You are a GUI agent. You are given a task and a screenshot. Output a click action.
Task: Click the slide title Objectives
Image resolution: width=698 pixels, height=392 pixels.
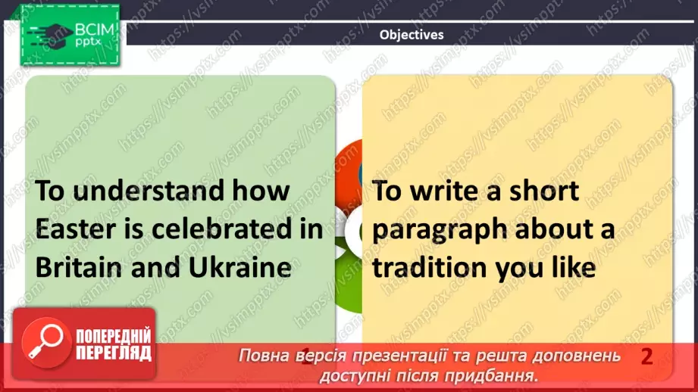[x=412, y=34]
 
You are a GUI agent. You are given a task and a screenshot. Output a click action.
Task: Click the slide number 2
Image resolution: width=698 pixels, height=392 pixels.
[x=646, y=356]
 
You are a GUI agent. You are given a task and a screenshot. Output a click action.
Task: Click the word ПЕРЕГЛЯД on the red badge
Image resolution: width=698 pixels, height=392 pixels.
[x=114, y=353]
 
